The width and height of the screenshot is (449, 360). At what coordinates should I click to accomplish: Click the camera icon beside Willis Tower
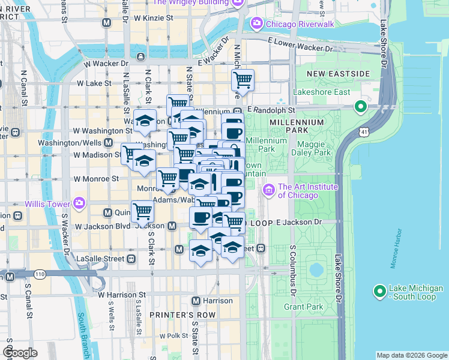pyautogui.click(x=79, y=202)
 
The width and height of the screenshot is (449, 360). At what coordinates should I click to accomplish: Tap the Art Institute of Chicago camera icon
pyautogui.click(x=268, y=190)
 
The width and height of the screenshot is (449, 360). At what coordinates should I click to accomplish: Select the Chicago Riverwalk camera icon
pyautogui.click(x=257, y=23)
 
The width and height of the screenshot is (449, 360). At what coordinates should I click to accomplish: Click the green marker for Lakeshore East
pyautogui.click(x=361, y=107)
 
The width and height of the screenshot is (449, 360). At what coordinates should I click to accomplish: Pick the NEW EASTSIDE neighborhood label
pyautogui.click(x=338, y=73)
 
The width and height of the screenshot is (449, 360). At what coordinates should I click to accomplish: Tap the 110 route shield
pyautogui.click(x=40, y=274)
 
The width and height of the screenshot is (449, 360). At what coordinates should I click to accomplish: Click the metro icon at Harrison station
pyautogui.click(x=195, y=301)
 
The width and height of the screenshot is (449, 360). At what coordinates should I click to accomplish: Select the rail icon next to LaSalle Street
pyautogui.click(x=131, y=259)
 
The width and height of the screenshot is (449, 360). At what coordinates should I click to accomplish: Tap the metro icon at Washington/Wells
pyautogui.click(x=108, y=143)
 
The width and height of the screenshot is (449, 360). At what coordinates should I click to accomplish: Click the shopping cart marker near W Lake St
pyautogui.click(x=243, y=79)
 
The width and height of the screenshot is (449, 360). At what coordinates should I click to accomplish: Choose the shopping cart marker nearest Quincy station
pyautogui.click(x=142, y=211)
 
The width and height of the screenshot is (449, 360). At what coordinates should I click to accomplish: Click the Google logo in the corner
pyautogui.click(x=20, y=353)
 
